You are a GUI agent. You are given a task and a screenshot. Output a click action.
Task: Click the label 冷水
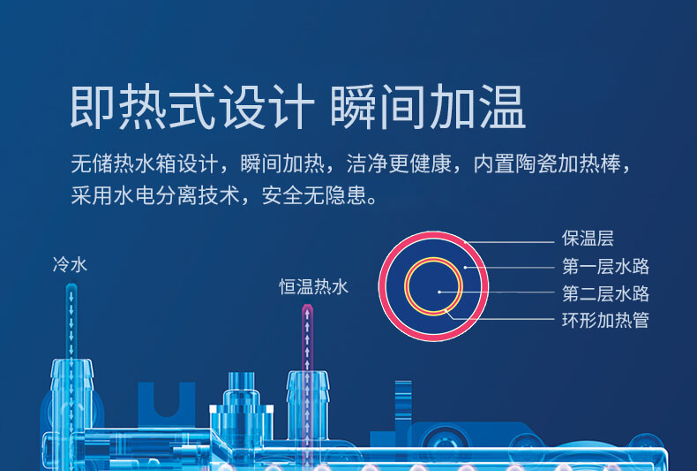[x=70, y=264]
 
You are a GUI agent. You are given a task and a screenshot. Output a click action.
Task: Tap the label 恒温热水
[x=313, y=286]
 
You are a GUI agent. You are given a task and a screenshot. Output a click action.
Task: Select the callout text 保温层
[x=588, y=239]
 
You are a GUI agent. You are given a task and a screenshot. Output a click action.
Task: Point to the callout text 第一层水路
[x=605, y=266]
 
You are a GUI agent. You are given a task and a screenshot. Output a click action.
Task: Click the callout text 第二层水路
[x=605, y=293]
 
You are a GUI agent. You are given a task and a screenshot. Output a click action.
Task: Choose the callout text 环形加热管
[x=605, y=320]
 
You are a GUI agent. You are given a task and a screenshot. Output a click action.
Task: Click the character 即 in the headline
[x=93, y=107]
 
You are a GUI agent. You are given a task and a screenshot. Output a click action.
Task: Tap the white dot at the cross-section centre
[x=439, y=292]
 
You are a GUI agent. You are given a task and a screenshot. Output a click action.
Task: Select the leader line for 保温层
[x=510, y=243]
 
